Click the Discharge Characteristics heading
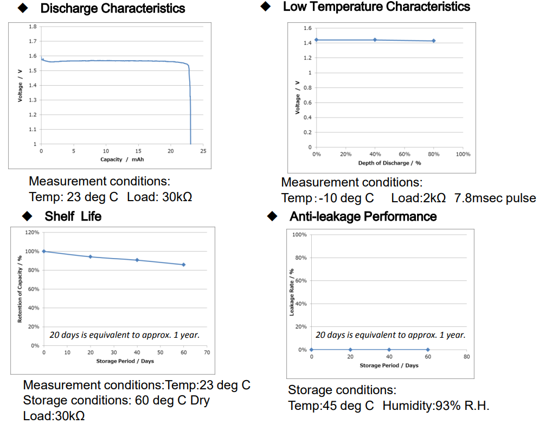pos(112,9)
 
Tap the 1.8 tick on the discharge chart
pos(33,27)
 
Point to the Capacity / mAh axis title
pos(122,159)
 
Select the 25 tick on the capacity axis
pos(203,151)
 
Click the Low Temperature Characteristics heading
pos(376,7)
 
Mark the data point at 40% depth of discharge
pos(375,40)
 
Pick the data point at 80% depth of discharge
pos(433,41)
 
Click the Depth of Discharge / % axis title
pos(389,163)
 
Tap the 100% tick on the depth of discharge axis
pos(463,155)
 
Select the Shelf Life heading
pos(73,216)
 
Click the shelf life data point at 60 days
pos(183,265)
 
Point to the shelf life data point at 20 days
pos(91,256)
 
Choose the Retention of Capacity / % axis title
pos(20,288)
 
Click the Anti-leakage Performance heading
pos(363,216)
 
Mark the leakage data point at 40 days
pos(389,350)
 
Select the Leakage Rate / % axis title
pos(292,292)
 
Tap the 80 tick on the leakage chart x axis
pos(466,357)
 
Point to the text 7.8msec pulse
pos(495,198)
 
